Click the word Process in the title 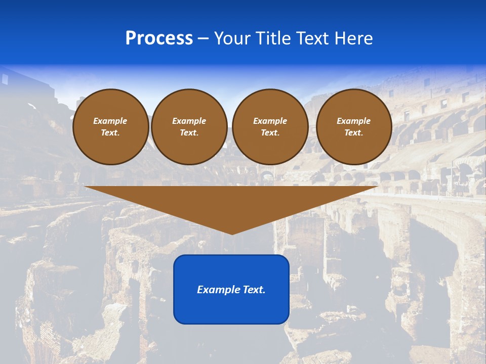pyautogui.click(x=159, y=38)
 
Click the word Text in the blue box pyautogui.click(x=253, y=290)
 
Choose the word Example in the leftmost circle pyautogui.click(x=110, y=121)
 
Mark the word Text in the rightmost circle pyautogui.click(x=353, y=132)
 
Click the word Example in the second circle pyautogui.click(x=189, y=121)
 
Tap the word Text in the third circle pyautogui.click(x=270, y=132)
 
